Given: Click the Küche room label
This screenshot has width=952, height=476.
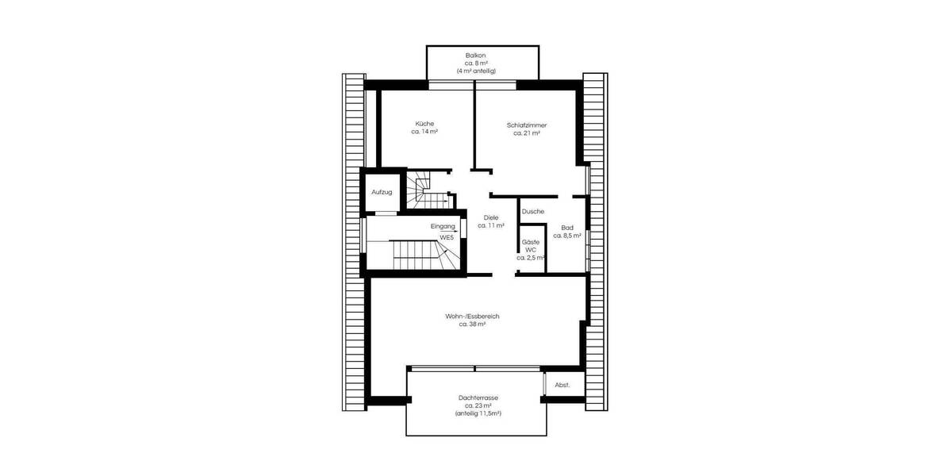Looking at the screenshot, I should [424, 123].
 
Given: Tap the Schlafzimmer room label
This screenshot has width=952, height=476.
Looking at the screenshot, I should [527, 125].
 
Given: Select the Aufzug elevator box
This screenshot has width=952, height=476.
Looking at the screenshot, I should [382, 193].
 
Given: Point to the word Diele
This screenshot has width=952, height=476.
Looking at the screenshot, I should [491, 217].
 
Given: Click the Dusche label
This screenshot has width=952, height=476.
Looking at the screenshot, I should [533, 212].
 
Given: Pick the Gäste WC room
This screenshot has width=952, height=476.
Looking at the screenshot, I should [531, 249].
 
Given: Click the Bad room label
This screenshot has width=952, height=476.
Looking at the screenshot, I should [567, 227].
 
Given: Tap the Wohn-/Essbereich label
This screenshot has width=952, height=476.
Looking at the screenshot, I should [473, 316].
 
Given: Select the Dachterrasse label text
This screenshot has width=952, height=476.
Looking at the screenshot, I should [478, 397].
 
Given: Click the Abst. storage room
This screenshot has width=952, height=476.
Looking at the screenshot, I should [562, 385].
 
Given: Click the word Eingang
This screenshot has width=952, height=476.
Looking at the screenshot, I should [443, 226].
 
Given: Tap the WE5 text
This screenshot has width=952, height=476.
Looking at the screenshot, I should [447, 237].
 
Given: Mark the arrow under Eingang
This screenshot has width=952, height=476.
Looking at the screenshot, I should [449, 232].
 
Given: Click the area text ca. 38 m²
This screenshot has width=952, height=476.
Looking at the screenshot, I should [473, 324].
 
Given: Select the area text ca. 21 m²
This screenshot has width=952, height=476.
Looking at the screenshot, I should [527, 133].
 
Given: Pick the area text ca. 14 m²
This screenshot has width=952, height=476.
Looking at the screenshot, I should [424, 132].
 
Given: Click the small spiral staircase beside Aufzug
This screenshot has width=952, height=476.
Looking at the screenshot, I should [426, 190].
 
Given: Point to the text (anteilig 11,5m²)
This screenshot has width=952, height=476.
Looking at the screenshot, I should [478, 414].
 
